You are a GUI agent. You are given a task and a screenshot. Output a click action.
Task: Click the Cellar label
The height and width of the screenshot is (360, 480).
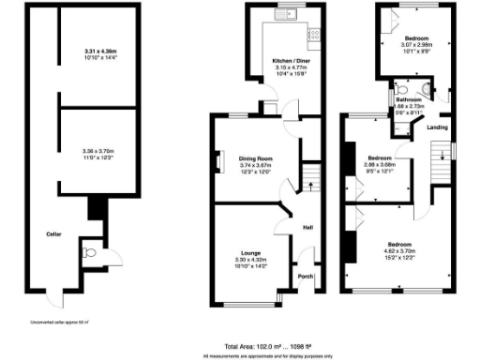coord(55,234)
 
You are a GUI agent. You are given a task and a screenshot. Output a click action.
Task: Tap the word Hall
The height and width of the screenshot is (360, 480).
coord(307,226)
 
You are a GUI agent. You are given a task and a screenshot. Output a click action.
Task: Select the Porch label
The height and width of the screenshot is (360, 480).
coord(305,277)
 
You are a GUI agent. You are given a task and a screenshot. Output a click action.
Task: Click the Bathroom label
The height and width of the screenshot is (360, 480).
coord(408,100)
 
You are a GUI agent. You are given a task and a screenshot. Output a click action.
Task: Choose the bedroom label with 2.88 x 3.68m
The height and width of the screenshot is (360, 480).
coord(379,157)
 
